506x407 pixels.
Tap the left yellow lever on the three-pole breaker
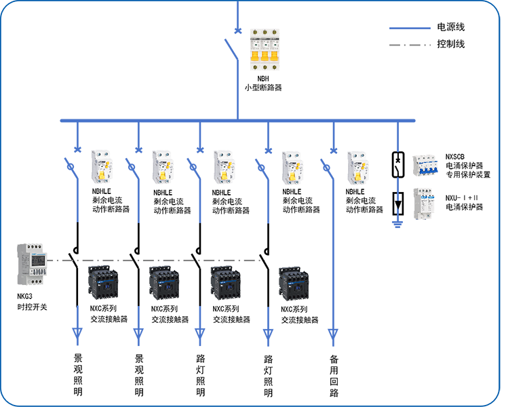pyautogui.click(x=250, y=59)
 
